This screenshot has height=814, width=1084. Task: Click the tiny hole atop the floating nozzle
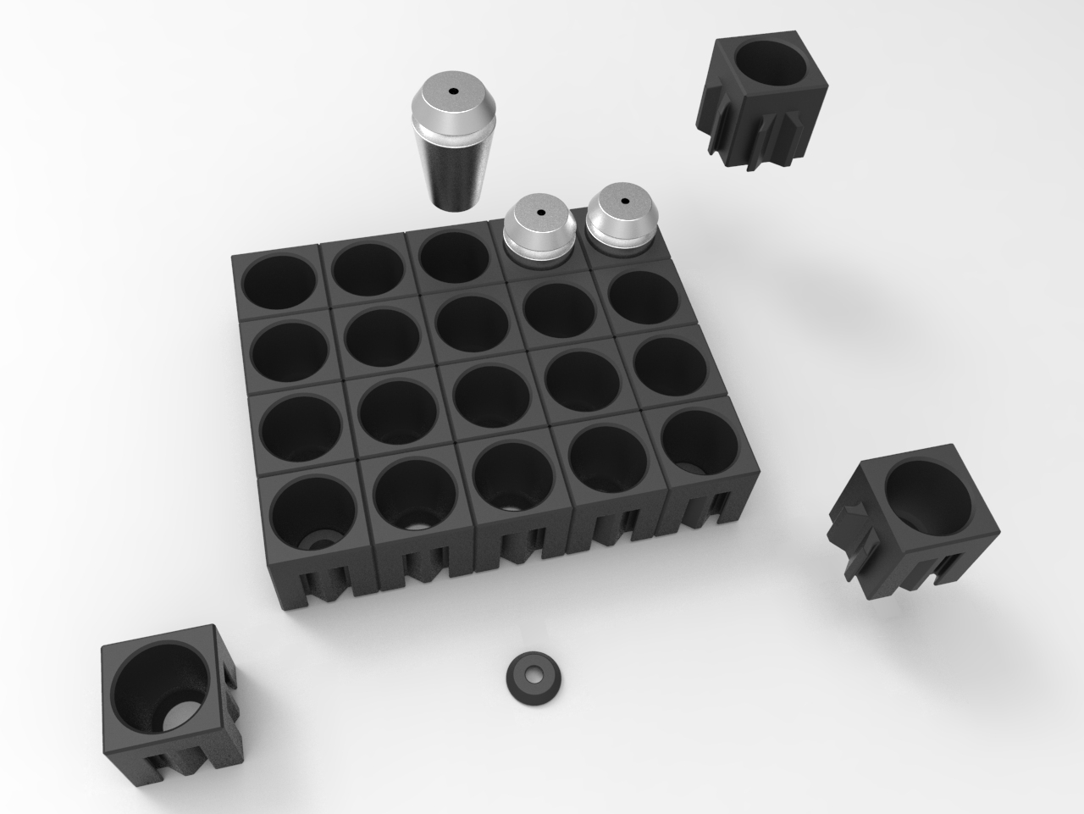pos(453,91)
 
